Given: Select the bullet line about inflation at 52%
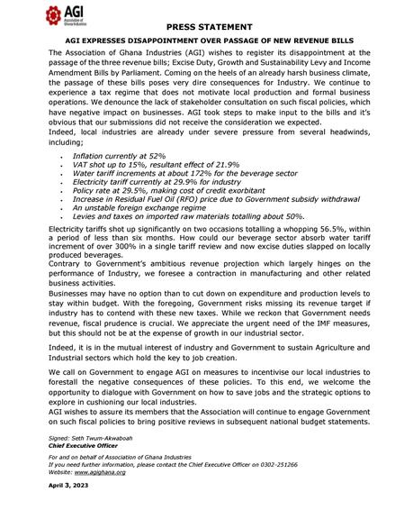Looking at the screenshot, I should coord(118,156).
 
